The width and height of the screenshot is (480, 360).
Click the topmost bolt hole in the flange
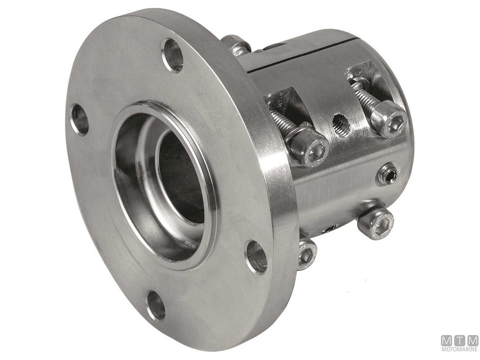point(173,56)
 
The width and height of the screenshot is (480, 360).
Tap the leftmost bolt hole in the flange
point(80,120)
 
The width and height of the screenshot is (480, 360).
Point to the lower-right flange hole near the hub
point(256,257)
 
